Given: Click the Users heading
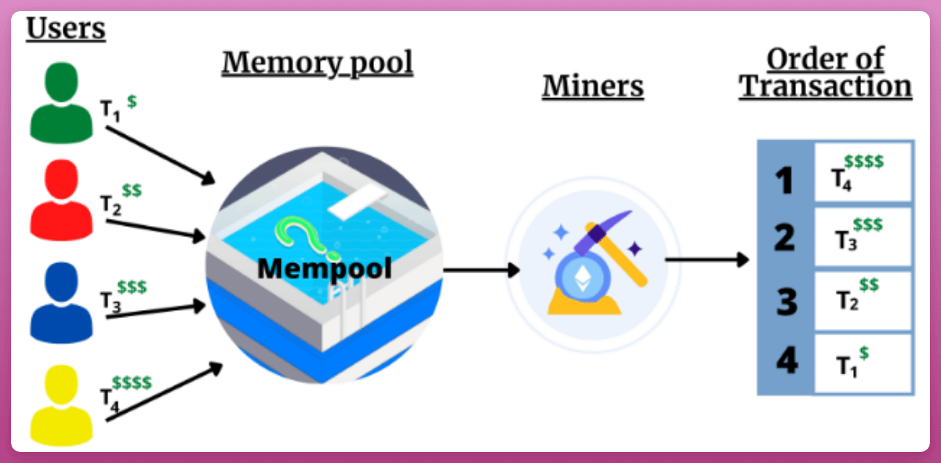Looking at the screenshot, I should (x=66, y=29).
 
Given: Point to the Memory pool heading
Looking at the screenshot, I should (x=317, y=63).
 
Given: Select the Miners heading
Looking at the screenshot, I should (x=593, y=86).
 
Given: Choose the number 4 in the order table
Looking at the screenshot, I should (x=784, y=363).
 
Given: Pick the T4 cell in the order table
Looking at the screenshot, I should (x=863, y=173).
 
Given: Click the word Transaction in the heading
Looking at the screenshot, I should (x=825, y=86).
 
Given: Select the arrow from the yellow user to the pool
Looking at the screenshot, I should (x=165, y=392).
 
